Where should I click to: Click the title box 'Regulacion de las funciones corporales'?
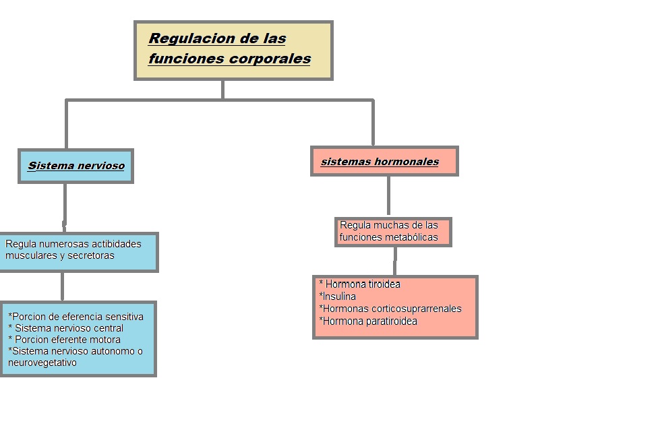click(x=233, y=51)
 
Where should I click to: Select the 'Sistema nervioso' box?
click(x=76, y=166)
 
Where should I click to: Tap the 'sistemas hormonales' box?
click(x=384, y=161)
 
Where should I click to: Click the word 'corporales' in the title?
click(x=270, y=59)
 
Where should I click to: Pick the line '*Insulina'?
click(x=338, y=296)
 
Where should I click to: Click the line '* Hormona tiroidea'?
click(x=360, y=284)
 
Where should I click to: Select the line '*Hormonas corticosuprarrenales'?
click(x=390, y=309)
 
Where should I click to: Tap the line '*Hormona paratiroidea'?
click(x=368, y=321)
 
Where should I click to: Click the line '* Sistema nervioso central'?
click(x=66, y=328)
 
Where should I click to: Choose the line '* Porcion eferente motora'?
click(x=65, y=340)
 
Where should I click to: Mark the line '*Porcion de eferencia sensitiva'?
click(x=76, y=316)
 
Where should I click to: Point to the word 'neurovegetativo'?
click(x=42, y=363)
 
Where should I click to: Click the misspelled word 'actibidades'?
click(x=116, y=243)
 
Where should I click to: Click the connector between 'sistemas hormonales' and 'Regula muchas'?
click(x=388, y=195)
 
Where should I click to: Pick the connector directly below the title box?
click(x=222, y=90)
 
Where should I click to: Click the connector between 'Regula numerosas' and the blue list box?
click(x=62, y=286)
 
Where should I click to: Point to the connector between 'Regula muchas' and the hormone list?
click(x=395, y=261)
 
